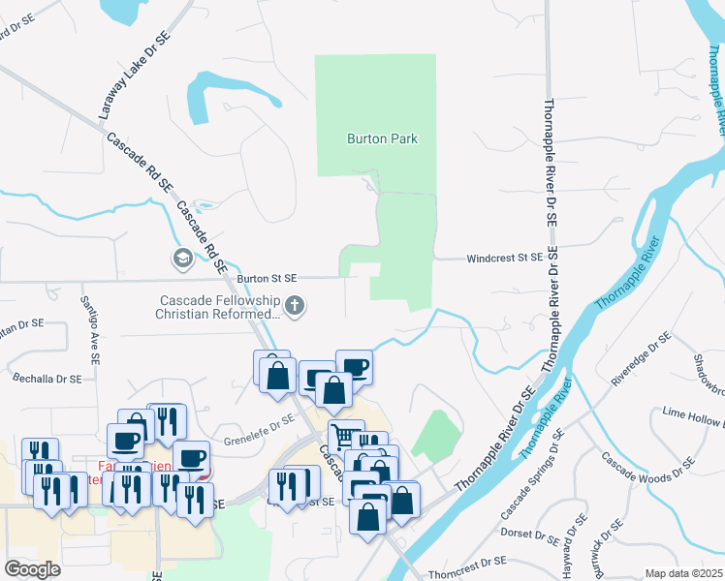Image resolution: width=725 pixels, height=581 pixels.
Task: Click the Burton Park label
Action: (382, 138)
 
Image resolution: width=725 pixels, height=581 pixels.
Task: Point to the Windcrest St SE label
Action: (503, 258)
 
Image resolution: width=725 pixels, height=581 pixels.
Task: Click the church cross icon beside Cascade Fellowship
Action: (297, 307)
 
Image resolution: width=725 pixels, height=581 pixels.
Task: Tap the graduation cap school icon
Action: (181, 259)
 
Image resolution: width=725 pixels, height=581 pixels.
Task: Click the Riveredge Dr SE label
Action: (642, 359)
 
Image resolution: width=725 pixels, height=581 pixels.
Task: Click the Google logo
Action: (32, 569)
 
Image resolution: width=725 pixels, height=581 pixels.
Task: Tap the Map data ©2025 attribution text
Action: (682, 573)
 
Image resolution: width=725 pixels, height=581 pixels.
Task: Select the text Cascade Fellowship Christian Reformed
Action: (218, 306)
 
